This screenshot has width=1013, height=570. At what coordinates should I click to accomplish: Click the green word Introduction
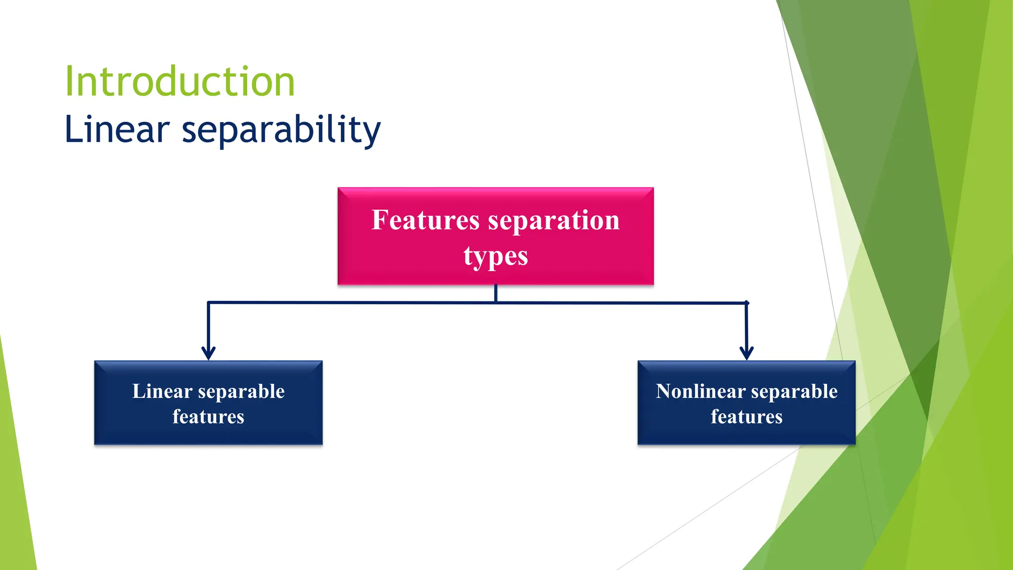pyautogui.click(x=180, y=82)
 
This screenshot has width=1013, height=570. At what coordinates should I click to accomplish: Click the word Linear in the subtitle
pyautogui.click(x=117, y=130)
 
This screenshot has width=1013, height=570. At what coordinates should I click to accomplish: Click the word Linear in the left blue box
pyautogui.click(x=162, y=391)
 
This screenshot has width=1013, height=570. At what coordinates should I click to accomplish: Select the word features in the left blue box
pyautogui.click(x=208, y=417)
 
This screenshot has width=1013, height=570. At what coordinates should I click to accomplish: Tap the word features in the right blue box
pyautogui.click(x=746, y=417)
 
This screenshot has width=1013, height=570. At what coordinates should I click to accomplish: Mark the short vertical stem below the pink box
pyautogui.click(x=496, y=293)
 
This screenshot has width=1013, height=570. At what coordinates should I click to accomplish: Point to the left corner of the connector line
pyautogui.click(x=209, y=302)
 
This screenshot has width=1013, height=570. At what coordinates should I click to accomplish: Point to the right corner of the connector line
pyautogui.click(x=746, y=303)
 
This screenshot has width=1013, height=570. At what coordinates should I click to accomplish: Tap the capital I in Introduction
pyautogui.click(x=69, y=82)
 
